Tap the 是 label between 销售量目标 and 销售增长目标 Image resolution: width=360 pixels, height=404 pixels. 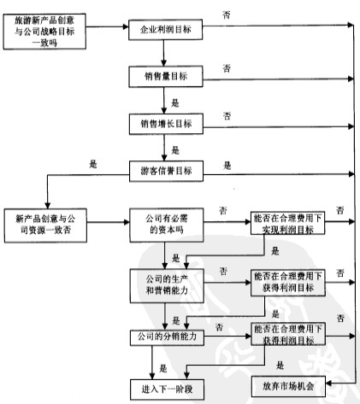[175, 101]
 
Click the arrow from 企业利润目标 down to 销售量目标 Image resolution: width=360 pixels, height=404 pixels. [163, 52]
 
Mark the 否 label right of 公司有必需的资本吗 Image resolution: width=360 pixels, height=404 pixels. [223, 208]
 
